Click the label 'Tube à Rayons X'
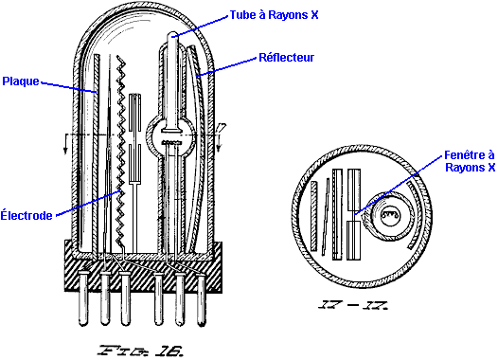(274, 15)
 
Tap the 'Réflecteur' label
(287, 58)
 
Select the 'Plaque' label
(21, 81)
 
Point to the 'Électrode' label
(27, 215)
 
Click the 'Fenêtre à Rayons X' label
(470, 161)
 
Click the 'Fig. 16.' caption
(141, 351)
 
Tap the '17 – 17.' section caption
(353, 305)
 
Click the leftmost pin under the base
(83, 297)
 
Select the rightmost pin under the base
(202, 298)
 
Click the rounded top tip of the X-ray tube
(172, 33)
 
